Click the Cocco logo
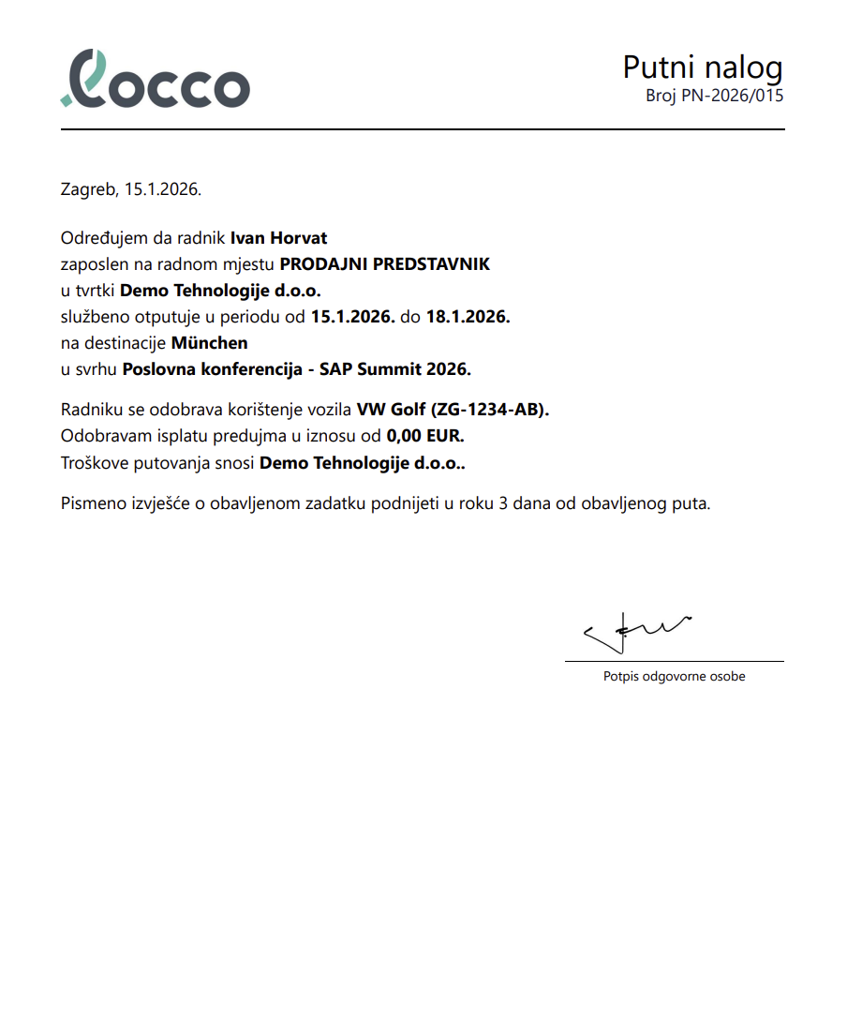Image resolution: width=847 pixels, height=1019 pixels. click(156, 78)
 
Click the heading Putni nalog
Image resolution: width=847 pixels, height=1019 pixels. click(702, 67)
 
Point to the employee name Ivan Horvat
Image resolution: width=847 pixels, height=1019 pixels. click(278, 238)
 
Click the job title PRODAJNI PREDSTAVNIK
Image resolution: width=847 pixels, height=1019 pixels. click(384, 264)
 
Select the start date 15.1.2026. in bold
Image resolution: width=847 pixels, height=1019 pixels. click(351, 317)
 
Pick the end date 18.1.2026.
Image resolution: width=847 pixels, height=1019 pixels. click(468, 317)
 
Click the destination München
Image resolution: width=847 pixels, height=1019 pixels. click(209, 343)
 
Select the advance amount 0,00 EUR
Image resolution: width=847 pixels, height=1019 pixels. click(425, 436)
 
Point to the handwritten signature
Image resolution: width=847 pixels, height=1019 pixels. click(636, 633)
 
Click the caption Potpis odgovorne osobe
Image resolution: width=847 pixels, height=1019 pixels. click(674, 676)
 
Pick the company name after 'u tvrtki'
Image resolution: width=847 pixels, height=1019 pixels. click(220, 291)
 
